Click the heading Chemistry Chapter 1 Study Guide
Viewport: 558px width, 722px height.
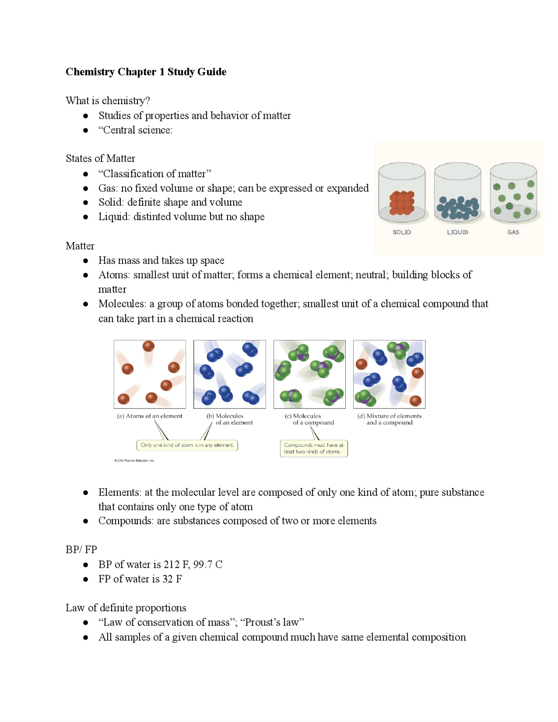tap(146, 72)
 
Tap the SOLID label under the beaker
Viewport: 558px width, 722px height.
tap(401, 232)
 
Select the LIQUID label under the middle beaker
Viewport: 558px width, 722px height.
tap(457, 232)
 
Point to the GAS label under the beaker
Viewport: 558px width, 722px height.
tap(513, 232)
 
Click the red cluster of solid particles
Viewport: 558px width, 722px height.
tap(401, 203)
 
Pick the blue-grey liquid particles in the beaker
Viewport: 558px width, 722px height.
tap(458, 208)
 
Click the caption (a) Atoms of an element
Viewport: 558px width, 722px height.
tap(150, 416)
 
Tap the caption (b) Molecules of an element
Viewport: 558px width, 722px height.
tap(229, 419)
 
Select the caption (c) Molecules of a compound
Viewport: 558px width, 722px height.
tap(309, 419)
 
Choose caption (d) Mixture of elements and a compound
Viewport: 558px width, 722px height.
tap(389, 419)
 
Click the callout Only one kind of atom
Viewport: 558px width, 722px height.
tap(187, 445)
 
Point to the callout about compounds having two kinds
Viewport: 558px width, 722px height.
tap(314, 449)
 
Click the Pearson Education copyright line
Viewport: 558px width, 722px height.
tap(135, 460)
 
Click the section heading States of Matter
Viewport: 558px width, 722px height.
tap(100, 159)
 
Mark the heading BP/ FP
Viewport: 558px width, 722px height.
tap(82, 550)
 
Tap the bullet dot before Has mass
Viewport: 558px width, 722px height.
tap(86, 260)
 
